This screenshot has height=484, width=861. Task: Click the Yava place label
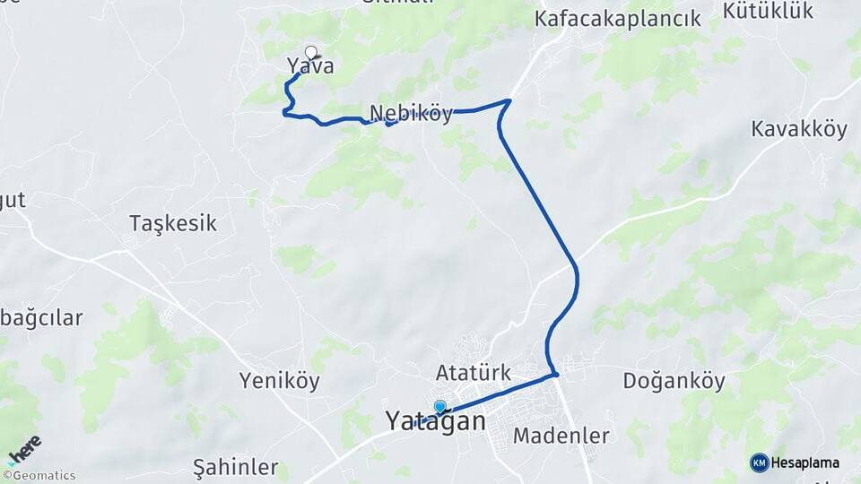click(310, 65)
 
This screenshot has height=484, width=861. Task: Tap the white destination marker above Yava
click(311, 52)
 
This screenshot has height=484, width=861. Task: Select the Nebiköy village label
click(411, 115)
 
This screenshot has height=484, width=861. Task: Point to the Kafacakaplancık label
click(617, 19)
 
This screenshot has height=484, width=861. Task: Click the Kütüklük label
click(768, 11)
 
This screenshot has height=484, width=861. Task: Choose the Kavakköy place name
click(799, 129)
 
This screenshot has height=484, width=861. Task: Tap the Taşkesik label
click(173, 223)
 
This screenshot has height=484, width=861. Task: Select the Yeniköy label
click(280, 381)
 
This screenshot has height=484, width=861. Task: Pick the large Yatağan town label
click(436, 420)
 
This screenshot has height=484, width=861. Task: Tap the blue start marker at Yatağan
click(439, 407)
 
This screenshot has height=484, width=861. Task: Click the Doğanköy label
click(674, 381)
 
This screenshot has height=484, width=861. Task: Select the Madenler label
click(561, 436)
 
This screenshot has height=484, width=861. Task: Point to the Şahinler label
click(236, 467)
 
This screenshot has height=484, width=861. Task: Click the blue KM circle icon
click(759, 462)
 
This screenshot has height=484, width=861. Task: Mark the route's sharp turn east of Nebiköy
click(509, 100)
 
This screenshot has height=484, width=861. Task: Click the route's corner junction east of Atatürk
click(556, 374)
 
